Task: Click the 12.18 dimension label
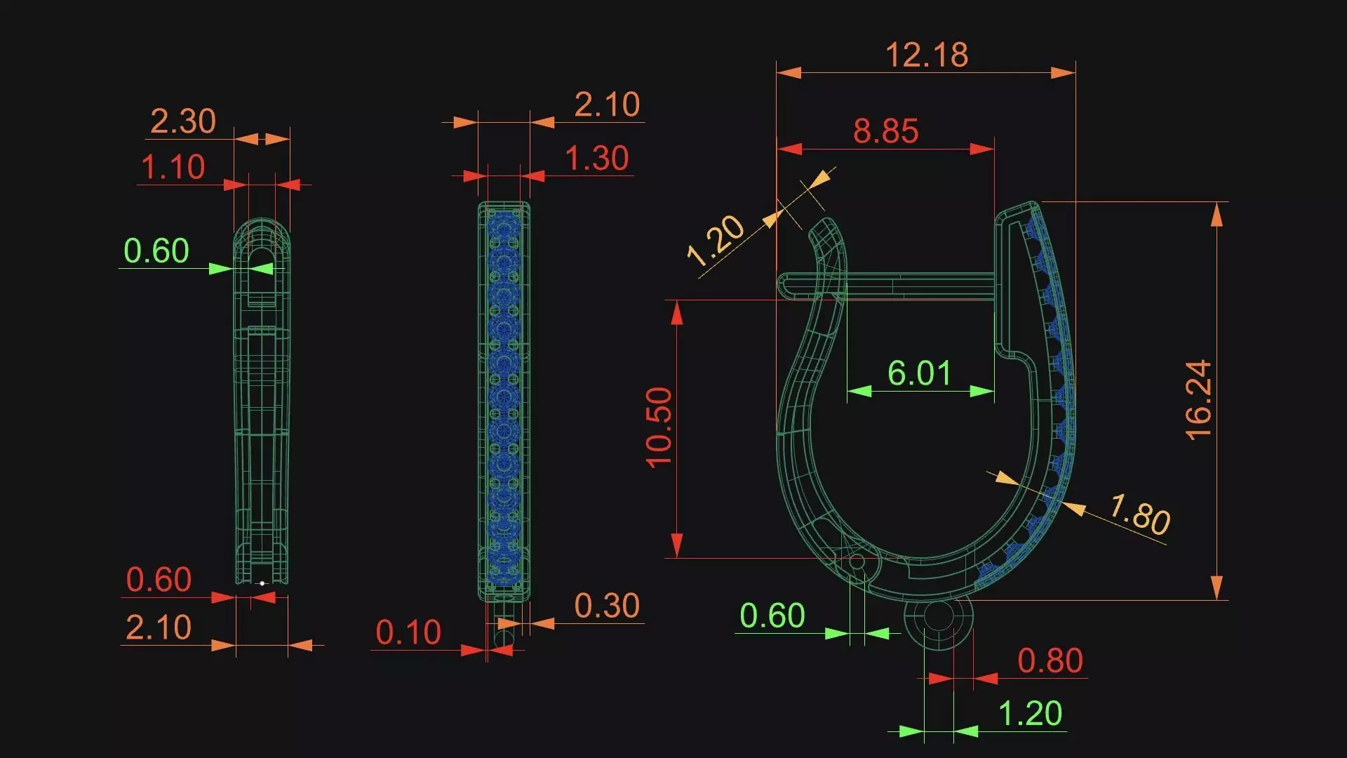[x=927, y=55]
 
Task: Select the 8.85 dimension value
[x=886, y=131]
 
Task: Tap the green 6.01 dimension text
[x=920, y=373]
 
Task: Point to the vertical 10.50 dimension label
[x=659, y=427]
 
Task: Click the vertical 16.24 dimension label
[x=1198, y=400]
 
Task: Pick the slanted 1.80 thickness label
[x=1139, y=514]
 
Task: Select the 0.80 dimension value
[x=1050, y=660]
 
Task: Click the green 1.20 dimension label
[x=1030, y=714]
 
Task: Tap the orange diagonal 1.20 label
[x=716, y=241]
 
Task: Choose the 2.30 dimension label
[x=183, y=121]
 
